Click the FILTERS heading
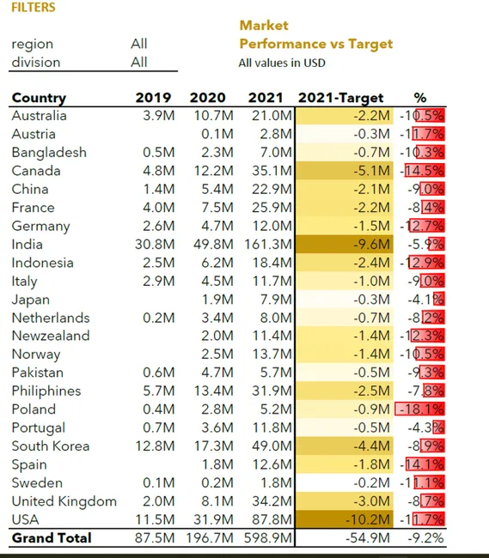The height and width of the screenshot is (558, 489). [34, 7]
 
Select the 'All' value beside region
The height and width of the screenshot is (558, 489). [139, 44]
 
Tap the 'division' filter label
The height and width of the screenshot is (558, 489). [36, 63]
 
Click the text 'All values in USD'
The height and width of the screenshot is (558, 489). [282, 63]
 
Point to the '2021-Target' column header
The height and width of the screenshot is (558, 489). [341, 98]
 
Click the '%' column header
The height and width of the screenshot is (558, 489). [420, 98]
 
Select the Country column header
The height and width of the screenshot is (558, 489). [39, 98]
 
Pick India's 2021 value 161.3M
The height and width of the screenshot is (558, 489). [268, 245]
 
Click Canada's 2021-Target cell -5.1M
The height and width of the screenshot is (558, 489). [372, 171]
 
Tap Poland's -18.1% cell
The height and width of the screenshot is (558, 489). [421, 409]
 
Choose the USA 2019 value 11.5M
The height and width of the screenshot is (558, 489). [155, 519]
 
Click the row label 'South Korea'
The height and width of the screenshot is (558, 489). [50, 446]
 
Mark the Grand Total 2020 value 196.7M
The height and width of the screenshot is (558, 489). [210, 538]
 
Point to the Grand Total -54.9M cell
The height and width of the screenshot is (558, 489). [368, 538]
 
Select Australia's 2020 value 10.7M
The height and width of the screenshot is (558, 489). [214, 116]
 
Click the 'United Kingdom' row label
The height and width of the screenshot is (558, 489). [64, 501]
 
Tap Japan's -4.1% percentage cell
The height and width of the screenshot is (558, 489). [426, 300]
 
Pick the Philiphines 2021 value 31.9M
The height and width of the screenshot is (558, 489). [272, 391]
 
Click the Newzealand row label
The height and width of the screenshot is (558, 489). [51, 336]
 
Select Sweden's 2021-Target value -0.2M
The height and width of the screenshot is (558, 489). [372, 483]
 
